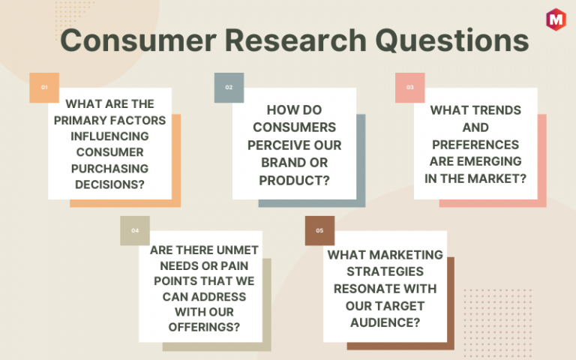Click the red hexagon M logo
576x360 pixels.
[x=556, y=19]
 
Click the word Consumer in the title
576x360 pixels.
[x=139, y=40]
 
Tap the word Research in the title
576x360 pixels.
[x=295, y=40]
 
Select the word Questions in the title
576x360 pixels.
[x=452, y=41]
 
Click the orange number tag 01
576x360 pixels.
[x=44, y=88]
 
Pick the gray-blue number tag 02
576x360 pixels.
[x=229, y=88]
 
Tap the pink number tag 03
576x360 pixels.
[x=410, y=88]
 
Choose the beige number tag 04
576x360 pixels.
[x=135, y=231]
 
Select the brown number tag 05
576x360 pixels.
[x=319, y=231]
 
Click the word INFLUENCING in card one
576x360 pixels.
[x=109, y=136]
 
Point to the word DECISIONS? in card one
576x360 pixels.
[x=109, y=184]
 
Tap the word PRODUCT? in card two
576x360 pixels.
[x=294, y=181]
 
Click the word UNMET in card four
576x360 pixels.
[x=237, y=250]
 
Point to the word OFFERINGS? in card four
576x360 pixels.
[x=204, y=327]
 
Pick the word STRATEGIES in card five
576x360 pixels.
[x=385, y=271]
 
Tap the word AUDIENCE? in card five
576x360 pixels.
[x=385, y=322]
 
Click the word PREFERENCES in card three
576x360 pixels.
[x=475, y=145]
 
